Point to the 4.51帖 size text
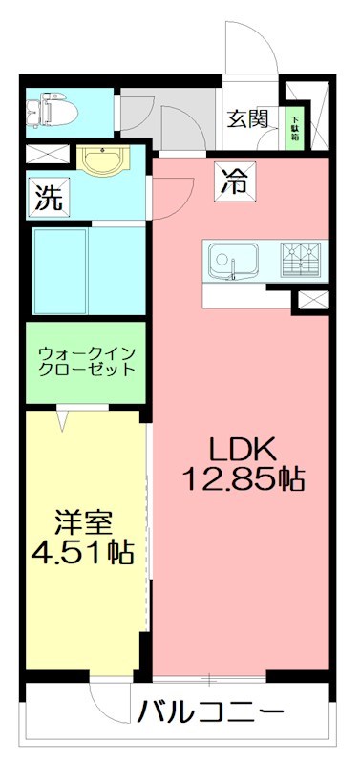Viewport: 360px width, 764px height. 82,552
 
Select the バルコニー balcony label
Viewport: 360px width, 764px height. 210,712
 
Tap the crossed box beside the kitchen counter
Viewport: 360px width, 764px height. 311,300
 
